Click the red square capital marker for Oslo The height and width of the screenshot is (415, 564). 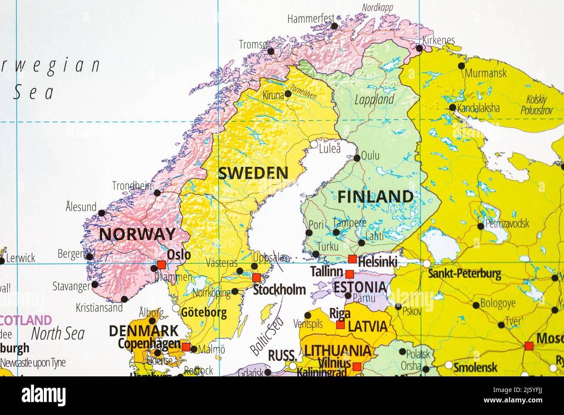[x=161, y=264]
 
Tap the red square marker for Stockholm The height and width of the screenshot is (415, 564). [x=256, y=277]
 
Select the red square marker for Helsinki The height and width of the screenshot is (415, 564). [x=353, y=259]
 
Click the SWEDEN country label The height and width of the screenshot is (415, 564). [x=253, y=173]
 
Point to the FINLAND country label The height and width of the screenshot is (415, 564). [x=375, y=197]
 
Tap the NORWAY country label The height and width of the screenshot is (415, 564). [x=137, y=234]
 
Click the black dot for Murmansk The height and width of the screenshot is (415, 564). [x=461, y=66]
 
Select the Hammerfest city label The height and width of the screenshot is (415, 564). [x=311, y=19]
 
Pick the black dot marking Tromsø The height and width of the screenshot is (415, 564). [x=271, y=51]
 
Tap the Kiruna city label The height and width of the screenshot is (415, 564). [x=273, y=95]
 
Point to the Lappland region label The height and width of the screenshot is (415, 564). [x=374, y=100]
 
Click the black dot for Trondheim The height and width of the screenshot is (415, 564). [x=157, y=193]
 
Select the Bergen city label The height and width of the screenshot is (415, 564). [x=71, y=254]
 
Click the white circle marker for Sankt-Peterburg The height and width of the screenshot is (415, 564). [x=427, y=263]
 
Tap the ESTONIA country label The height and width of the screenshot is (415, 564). [x=360, y=287]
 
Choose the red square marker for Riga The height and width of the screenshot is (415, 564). [x=341, y=325]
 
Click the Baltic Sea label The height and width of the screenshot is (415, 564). [x=267, y=334]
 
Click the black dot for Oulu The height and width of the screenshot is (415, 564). [x=357, y=158]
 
